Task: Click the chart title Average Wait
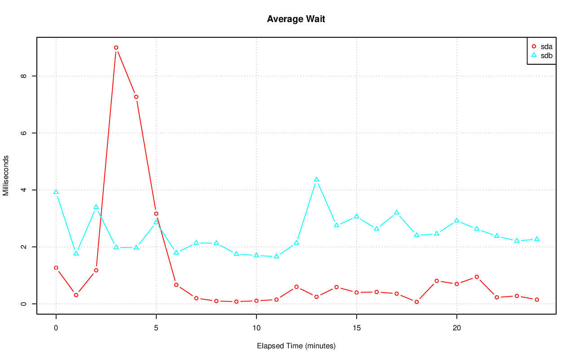(x=296, y=19)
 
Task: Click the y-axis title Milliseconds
(x=6, y=176)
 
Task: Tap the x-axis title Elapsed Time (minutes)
(x=296, y=346)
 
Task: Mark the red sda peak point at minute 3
(x=116, y=48)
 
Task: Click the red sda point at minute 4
(x=136, y=97)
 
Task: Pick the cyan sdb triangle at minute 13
(x=316, y=179)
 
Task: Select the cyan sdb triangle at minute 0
(x=56, y=192)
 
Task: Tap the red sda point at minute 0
(x=56, y=268)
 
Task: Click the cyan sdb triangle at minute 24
(x=537, y=239)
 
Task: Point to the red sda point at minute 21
(x=477, y=277)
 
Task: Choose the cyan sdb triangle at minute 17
(x=397, y=213)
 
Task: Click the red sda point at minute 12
(x=296, y=287)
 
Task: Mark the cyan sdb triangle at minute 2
(x=96, y=207)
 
